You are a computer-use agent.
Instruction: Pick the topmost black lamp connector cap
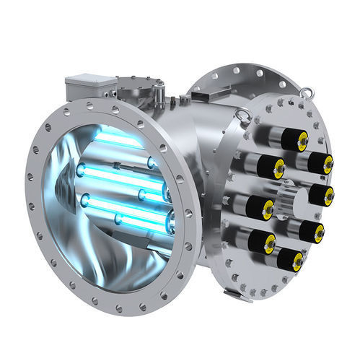point(293,138)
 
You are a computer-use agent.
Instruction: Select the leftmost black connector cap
point(258,167)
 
